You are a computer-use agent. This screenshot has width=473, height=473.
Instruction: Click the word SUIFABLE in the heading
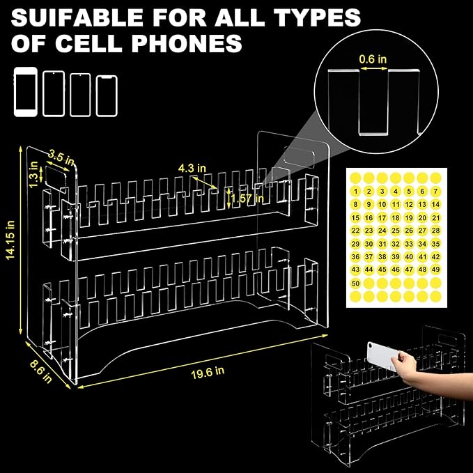(x=77, y=17)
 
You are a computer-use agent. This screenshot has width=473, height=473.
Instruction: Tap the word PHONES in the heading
(x=187, y=43)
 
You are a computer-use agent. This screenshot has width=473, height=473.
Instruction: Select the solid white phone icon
(x=26, y=92)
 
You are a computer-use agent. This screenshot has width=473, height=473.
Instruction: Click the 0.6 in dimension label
(x=373, y=59)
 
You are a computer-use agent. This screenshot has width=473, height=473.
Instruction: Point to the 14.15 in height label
(x=10, y=240)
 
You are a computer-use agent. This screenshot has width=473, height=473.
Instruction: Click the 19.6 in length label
(x=208, y=373)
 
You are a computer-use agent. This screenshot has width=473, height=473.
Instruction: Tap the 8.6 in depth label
(x=40, y=372)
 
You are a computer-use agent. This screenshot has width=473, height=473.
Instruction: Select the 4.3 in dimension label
(x=192, y=168)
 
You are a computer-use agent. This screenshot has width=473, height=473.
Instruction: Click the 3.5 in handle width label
(x=61, y=157)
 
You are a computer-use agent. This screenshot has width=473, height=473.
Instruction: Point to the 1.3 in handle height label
(x=33, y=174)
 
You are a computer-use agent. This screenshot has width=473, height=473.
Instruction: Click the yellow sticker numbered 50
(x=356, y=284)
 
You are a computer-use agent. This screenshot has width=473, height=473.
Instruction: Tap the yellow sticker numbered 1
(x=356, y=192)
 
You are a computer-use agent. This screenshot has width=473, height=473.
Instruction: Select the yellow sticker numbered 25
(x=396, y=231)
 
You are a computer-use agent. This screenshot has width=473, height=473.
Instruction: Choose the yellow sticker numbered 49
(x=435, y=270)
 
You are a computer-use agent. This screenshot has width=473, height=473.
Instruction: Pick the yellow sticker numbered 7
(x=435, y=192)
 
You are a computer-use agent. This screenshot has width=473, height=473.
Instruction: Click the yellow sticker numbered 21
(x=435, y=217)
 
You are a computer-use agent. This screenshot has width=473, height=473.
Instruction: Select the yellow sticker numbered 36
(x=356, y=257)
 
